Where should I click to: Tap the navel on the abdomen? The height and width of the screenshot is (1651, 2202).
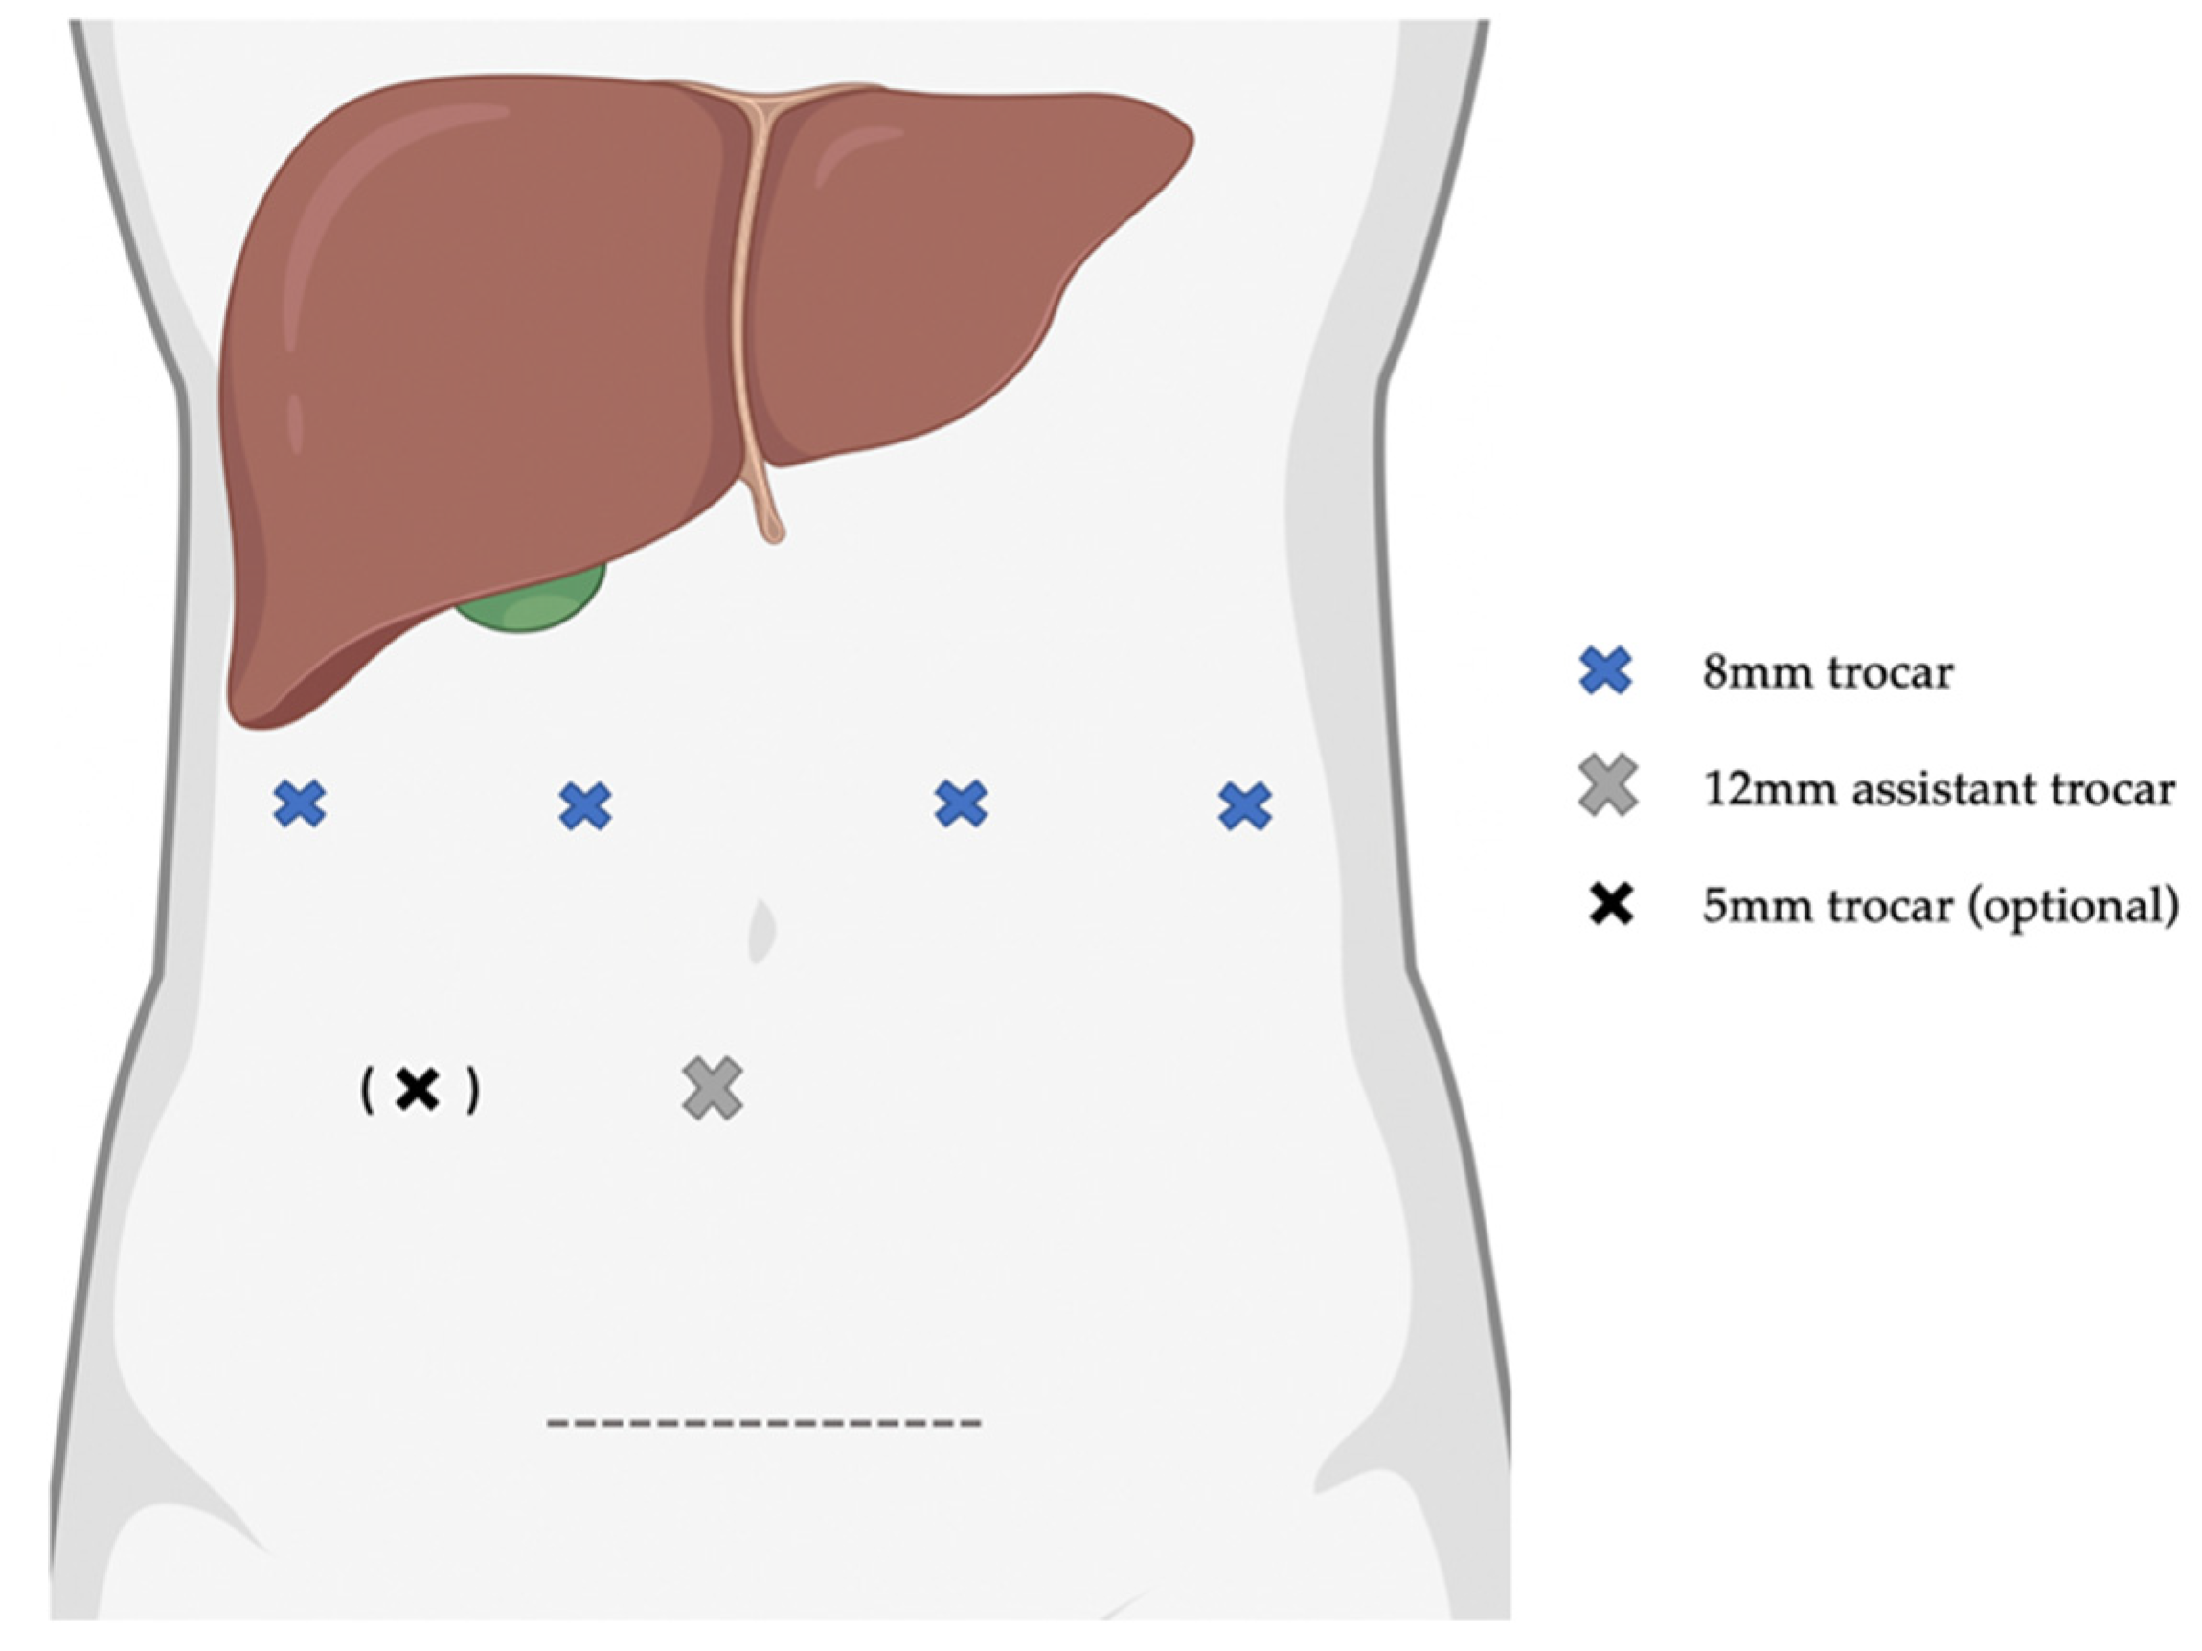[x=761, y=931]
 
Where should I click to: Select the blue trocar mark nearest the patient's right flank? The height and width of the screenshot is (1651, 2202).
[x=300, y=804]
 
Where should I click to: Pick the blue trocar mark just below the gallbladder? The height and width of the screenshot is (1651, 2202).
[x=585, y=806]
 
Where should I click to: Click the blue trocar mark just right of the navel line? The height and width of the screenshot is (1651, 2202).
[x=962, y=804]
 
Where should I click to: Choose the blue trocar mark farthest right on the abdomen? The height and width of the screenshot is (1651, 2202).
[x=1244, y=806]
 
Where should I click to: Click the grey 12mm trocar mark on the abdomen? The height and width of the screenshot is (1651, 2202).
[x=713, y=1088]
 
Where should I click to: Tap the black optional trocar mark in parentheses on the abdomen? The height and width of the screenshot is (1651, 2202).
[x=419, y=1090]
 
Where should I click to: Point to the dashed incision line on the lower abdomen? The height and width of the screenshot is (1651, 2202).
[x=763, y=1423]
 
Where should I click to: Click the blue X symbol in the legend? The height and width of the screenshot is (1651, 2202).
[x=1605, y=670]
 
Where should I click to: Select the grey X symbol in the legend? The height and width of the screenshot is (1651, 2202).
[x=1608, y=786]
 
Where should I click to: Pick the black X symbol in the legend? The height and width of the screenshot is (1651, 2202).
[x=1611, y=904]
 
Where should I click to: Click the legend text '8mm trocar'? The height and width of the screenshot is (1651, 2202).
[x=1827, y=672]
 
